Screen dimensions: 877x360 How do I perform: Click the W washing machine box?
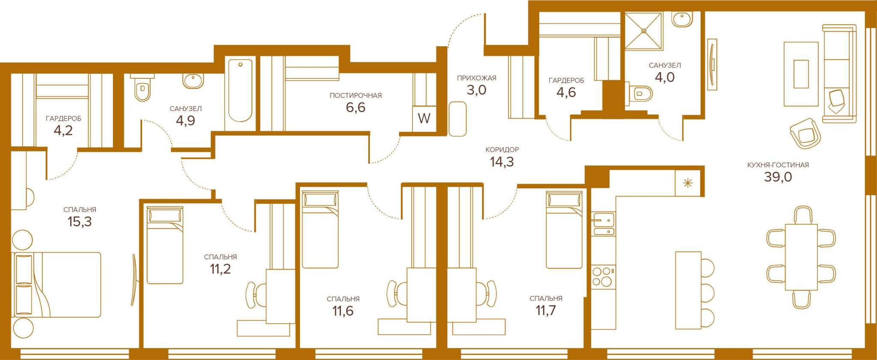point(424,118)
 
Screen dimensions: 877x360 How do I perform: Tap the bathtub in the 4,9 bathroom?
point(240,91)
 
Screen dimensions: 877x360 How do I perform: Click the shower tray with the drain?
point(643,30)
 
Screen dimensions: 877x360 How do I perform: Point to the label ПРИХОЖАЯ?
point(477,78)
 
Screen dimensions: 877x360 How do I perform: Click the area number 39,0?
point(778,177)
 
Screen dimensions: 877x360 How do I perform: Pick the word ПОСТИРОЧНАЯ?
point(355,95)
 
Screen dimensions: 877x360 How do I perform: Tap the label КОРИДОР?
point(502,150)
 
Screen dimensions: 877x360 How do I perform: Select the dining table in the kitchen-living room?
point(801,257)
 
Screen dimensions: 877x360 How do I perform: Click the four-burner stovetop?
point(603,277)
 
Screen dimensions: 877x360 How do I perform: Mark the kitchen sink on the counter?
point(603,224)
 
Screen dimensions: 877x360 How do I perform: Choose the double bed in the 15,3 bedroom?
point(58,285)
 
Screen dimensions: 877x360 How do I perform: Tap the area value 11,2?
point(220,269)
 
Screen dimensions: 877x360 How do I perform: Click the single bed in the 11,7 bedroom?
point(564,230)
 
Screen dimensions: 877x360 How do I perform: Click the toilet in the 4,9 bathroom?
point(142,88)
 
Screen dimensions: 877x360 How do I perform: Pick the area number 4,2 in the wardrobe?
point(63,131)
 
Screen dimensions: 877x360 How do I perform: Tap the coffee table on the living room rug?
point(801,74)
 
